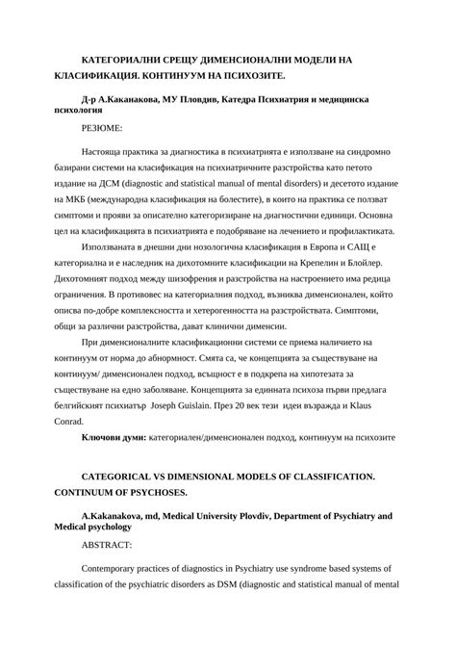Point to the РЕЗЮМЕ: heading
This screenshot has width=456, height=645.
pos(102,127)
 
